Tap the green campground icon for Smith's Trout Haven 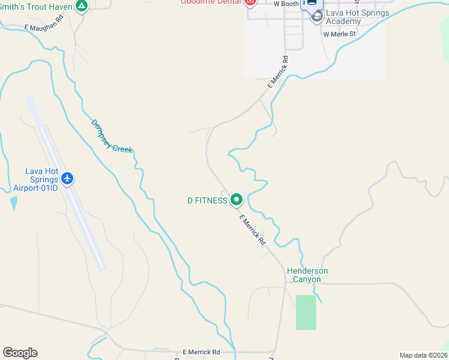click(x=82, y=7)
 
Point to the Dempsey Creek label click(x=112, y=136)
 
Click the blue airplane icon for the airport click(x=67, y=178)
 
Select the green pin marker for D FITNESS click(x=237, y=199)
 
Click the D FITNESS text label click(x=207, y=200)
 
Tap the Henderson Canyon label click(x=307, y=275)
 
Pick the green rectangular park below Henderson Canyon click(x=306, y=312)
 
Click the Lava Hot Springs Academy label click(x=358, y=17)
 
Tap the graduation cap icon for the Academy click(x=316, y=17)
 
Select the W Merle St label click(x=339, y=34)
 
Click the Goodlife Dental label click(x=211, y=2)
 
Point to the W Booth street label click(x=286, y=4)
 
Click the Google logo click(x=20, y=353)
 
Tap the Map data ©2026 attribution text click(x=423, y=355)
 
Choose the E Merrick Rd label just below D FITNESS click(x=252, y=230)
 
